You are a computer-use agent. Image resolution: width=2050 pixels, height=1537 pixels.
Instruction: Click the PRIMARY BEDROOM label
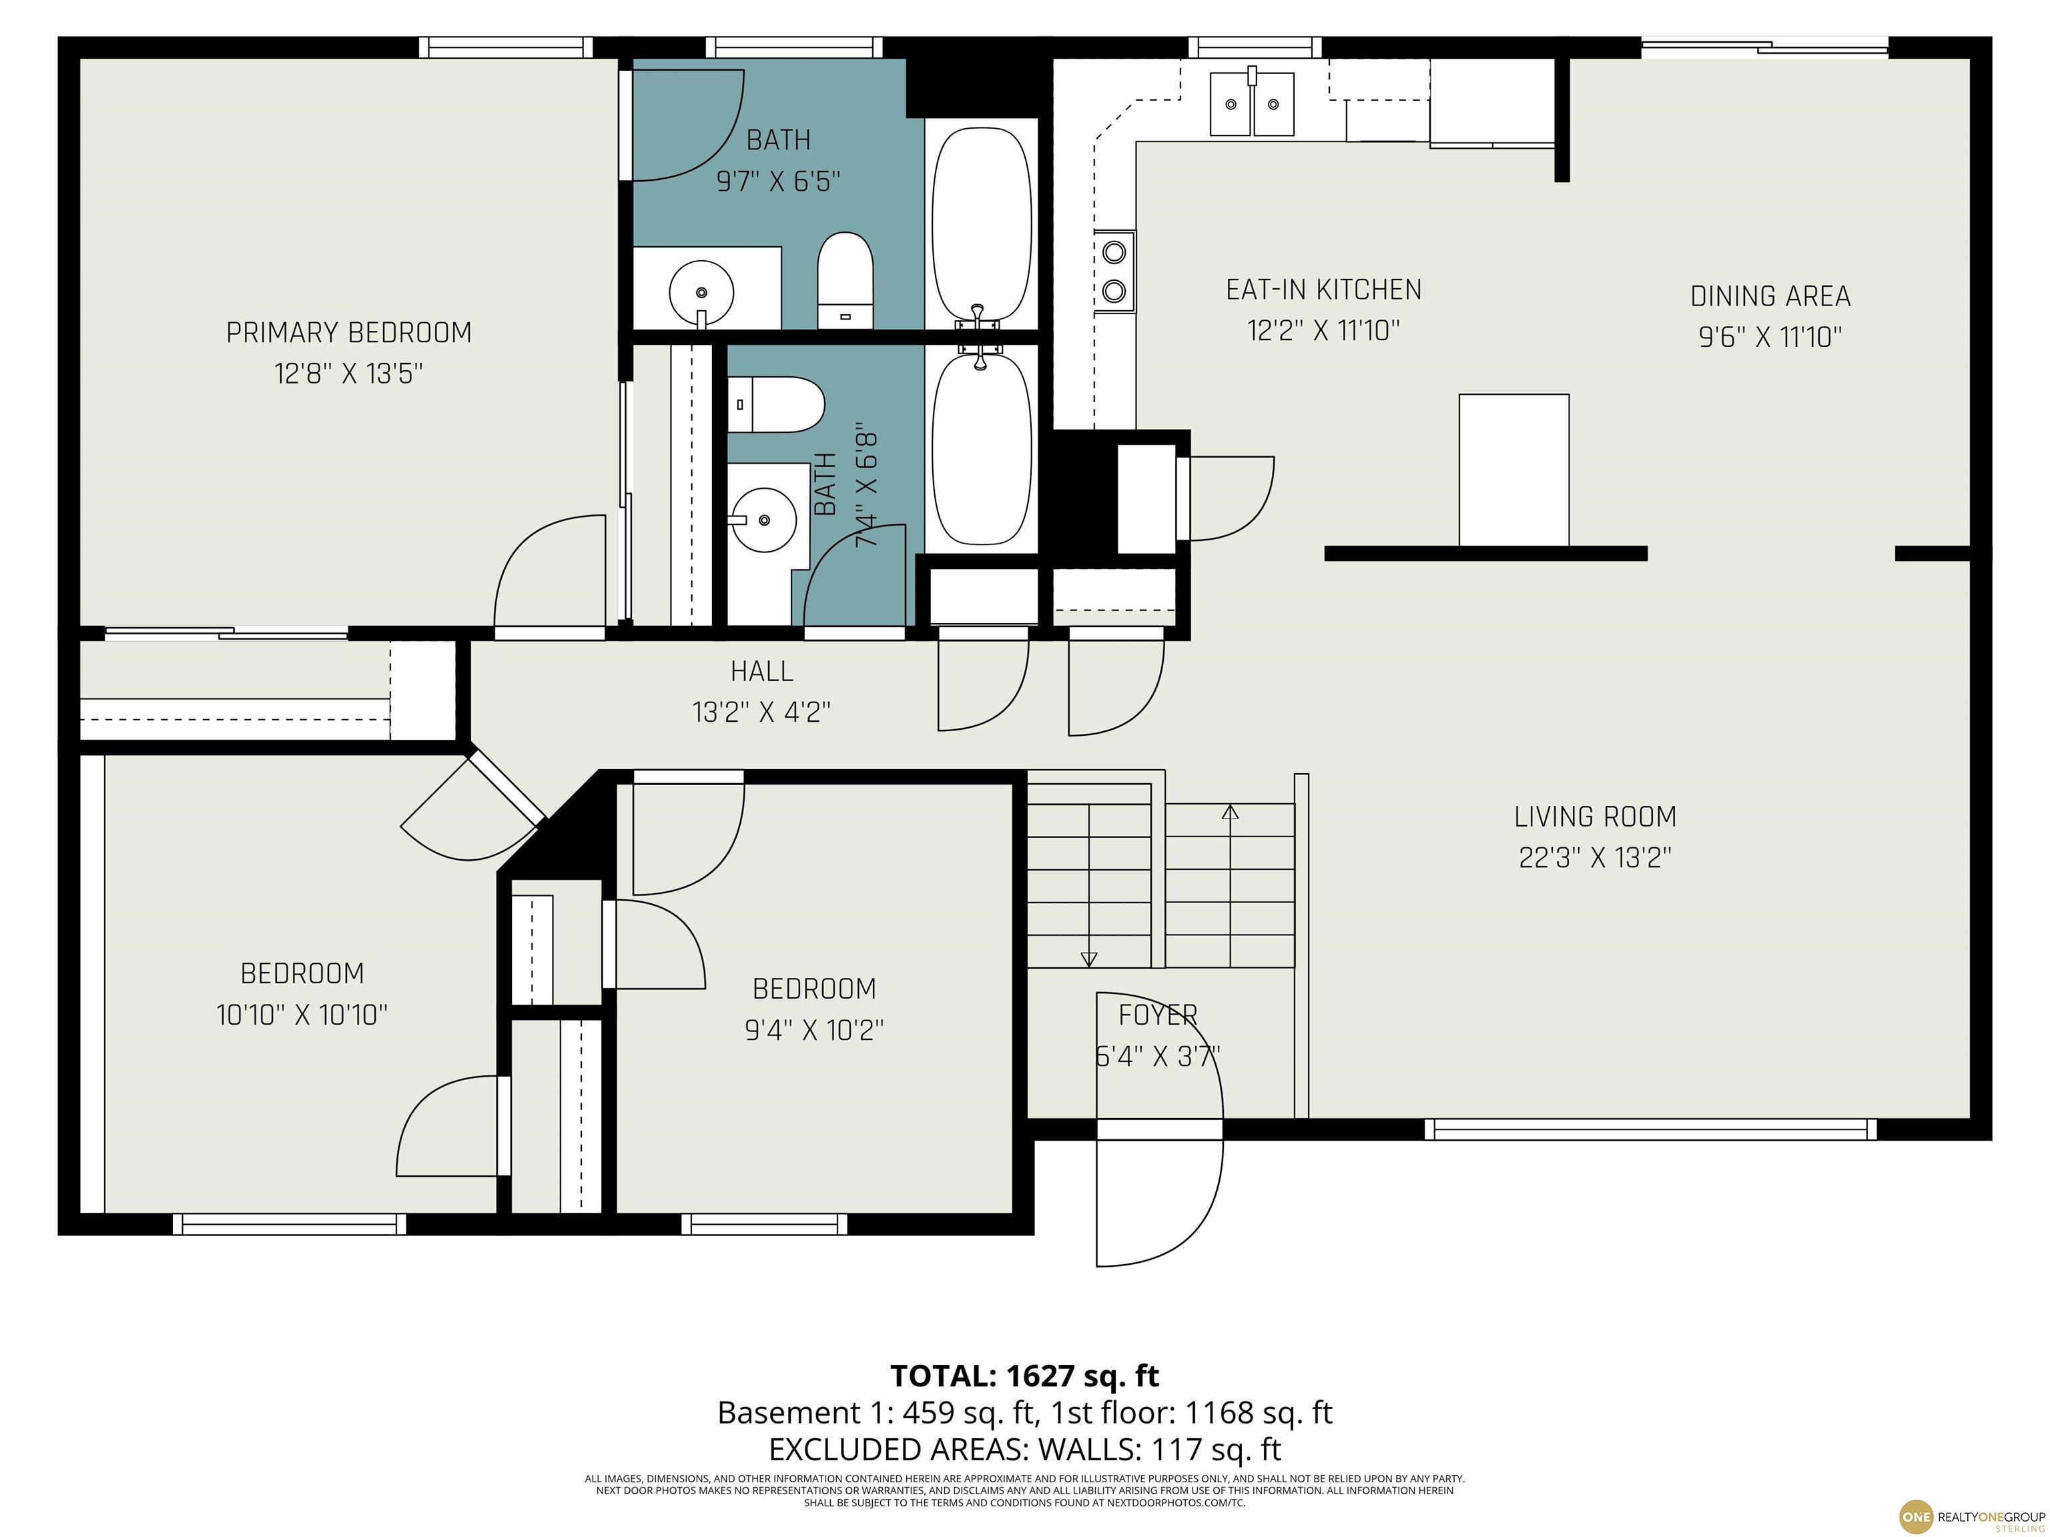coord(348,333)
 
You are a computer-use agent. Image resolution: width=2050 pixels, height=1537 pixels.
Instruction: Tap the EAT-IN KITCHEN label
coord(1323,290)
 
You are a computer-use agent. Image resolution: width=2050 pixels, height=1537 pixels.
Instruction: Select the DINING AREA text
coord(1770,296)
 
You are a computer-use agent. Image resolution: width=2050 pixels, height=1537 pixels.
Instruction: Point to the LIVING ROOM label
coord(1595,817)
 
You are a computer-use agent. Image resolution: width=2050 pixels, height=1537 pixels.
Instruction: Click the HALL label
coord(762,670)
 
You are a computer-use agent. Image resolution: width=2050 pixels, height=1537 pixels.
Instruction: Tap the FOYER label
coord(1158,1015)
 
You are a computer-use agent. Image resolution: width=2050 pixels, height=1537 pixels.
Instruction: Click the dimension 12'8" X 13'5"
coord(348,374)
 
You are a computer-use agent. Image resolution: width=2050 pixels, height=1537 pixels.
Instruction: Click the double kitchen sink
coord(1252,102)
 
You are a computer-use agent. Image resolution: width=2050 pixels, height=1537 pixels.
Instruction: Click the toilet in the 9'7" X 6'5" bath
coord(845,280)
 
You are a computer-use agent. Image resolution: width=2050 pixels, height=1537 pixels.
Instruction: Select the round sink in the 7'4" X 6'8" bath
coord(763,520)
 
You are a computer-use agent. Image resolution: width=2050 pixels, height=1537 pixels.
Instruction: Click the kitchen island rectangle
coord(1513,471)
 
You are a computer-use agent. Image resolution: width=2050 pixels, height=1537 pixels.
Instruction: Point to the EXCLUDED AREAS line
coord(1024,1448)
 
